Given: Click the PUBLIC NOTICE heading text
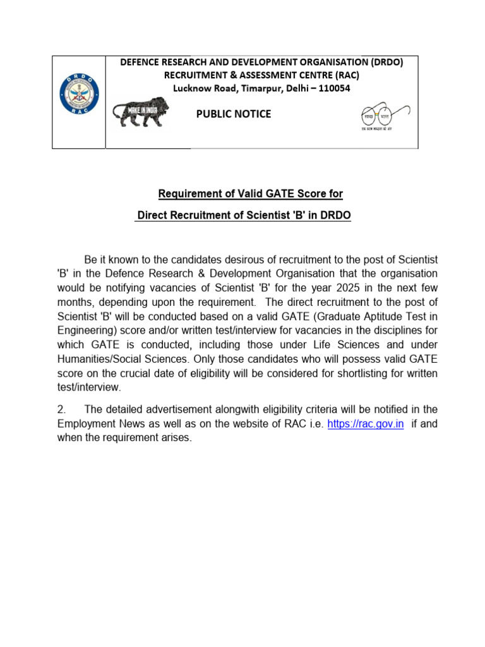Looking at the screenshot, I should pyautogui.click(x=234, y=114).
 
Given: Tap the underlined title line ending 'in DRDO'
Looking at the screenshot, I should pyautogui.click(x=243, y=216).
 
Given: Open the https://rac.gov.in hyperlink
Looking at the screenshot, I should pyautogui.click(x=366, y=424).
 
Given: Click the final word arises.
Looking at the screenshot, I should pyautogui.click(x=175, y=438).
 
